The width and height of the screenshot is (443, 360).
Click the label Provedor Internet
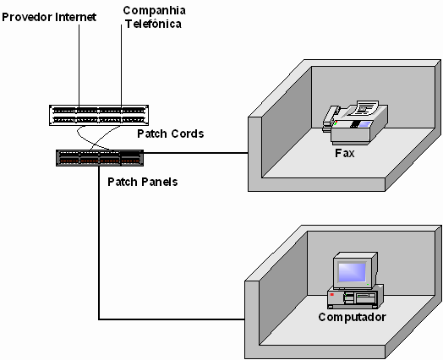[x=49, y=17]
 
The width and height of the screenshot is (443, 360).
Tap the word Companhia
[x=154, y=11]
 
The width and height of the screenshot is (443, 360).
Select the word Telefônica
[x=153, y=24]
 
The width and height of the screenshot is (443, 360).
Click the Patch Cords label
[x=171, y=134]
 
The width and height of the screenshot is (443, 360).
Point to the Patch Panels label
[x=143, y=182]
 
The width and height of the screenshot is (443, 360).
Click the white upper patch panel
[x=99, y=115]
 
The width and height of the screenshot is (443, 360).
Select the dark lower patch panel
[x=100, y=158]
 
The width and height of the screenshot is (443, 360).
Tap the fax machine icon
[x=355, y=123]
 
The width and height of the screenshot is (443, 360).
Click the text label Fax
[x=344, y=153]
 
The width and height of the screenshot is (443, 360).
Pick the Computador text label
[x=352, y=317]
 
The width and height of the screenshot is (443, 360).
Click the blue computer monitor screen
[x=352, y=272]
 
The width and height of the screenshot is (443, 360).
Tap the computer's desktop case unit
[x=355, y=297]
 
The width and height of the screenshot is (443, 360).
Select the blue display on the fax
[x=364, y=124]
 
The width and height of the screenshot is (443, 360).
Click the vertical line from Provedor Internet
[x=79, y=65]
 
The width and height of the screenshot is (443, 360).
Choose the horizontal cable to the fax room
[x=196, y=153]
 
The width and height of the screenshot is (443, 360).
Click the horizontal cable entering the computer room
[x=172, y=319]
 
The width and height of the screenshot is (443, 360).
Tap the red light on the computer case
[x=332, y=294]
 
